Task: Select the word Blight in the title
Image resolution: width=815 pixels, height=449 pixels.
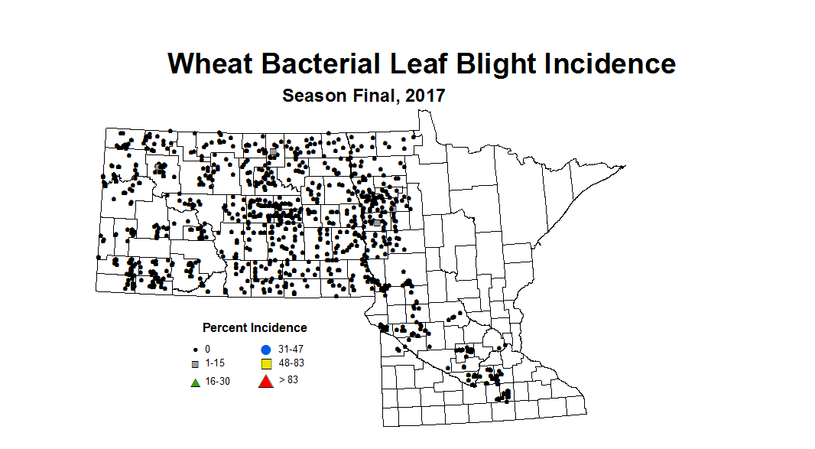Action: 498,63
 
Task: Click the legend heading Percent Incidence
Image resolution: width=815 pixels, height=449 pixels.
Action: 255,327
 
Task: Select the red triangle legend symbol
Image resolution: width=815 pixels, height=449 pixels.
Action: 265,381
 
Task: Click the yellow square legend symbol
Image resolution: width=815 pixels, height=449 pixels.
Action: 265,363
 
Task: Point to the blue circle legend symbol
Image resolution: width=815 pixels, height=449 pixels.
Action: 265,349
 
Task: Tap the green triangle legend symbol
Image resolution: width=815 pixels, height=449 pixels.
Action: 195,381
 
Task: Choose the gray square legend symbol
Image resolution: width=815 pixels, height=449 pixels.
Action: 195,363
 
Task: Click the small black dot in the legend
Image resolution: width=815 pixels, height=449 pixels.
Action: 195,349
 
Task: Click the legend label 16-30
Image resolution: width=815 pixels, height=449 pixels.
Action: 217,381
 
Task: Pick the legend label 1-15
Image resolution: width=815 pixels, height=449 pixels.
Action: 214,363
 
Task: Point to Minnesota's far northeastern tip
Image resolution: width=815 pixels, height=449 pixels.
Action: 625,166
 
